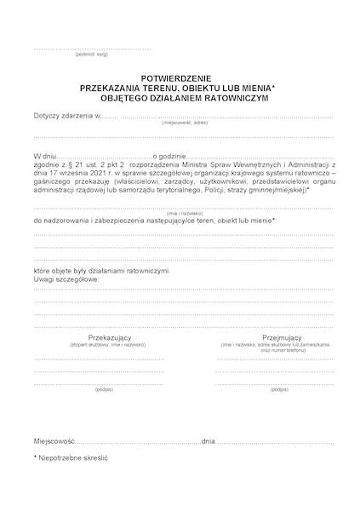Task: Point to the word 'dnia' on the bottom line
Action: (x=209, y=443)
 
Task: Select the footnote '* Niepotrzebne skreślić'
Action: (x=71, y=458)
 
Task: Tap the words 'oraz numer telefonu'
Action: (x=260, y=350)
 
